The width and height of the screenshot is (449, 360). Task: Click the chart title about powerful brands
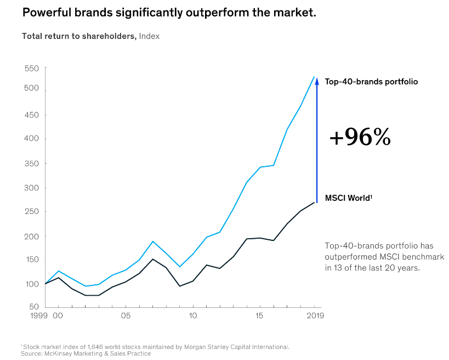pos(169,12)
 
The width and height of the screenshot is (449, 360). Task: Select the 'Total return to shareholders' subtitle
pos(79,36)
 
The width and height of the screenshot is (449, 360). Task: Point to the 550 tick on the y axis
pos(32,69)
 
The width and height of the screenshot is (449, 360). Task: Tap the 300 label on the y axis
pos(32,188)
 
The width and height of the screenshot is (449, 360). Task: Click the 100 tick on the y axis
pos(32,284)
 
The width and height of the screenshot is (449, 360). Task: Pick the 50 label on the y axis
pos(34,307)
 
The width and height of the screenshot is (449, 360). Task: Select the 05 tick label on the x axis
pos(126,316)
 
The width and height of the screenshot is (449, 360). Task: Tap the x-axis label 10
pos(192,316)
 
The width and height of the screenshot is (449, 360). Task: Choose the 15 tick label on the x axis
pos(259,316)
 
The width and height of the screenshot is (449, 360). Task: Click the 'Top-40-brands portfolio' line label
pos(371,82)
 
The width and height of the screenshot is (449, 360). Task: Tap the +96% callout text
pos(360,137)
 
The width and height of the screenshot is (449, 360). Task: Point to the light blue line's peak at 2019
pos(314,77)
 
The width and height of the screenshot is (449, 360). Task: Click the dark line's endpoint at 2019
pos(314,203)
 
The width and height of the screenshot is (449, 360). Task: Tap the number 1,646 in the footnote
pos(101,347)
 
